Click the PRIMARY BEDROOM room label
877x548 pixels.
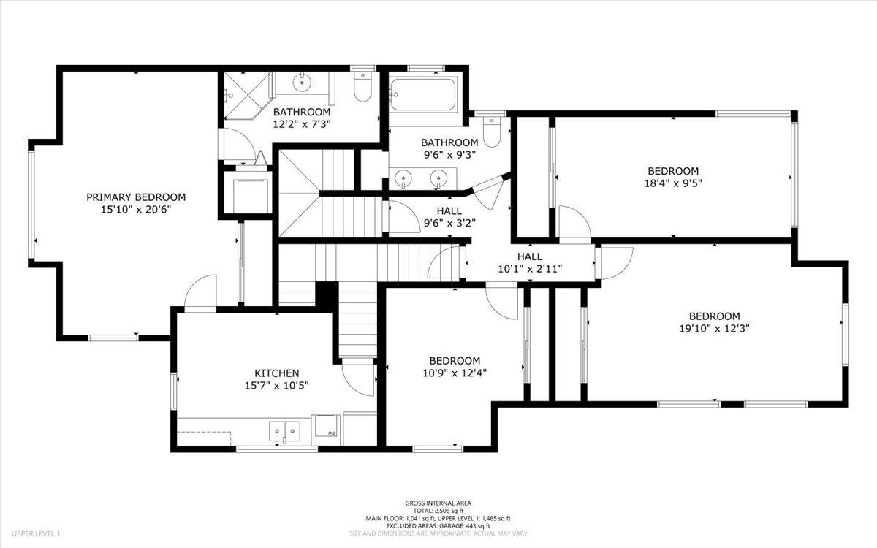136,197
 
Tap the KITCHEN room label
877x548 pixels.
276,373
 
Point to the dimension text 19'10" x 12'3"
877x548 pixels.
714,328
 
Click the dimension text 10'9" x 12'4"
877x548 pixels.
454,373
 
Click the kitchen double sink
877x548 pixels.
284,430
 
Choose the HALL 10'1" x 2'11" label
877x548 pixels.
530,263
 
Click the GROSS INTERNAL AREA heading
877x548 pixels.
438,503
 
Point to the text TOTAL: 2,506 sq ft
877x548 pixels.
438,510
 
